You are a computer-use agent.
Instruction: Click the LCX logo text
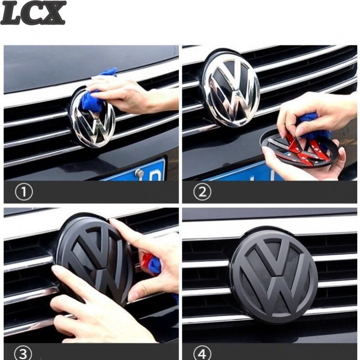[x=33, y=13]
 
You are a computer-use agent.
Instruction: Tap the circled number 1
[x=24, y=192]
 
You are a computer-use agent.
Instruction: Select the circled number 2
[x=202, y=192]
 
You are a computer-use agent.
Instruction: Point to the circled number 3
[x=24, y=353]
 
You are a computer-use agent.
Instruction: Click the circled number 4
[x=202, y=353]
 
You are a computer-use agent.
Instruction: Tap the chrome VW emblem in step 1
[x=93, y=118]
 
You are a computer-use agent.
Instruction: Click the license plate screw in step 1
[x=139, y=173]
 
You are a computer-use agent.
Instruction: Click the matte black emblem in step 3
[x=94, y=260]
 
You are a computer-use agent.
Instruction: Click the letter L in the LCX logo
[x=12, y=13]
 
